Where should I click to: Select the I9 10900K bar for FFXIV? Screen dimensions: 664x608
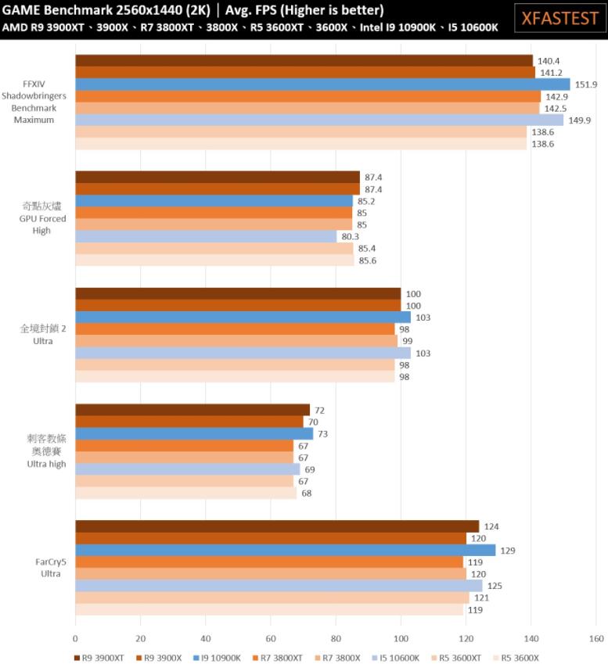[322, 84]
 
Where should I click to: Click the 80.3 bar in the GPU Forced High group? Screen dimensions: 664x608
[206, 236]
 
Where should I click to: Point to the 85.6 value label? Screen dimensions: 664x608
[369, 260]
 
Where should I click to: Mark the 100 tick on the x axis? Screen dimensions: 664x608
[401, 637]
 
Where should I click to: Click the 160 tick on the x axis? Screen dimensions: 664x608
[596, 637]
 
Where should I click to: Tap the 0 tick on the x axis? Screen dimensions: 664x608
[76, 637]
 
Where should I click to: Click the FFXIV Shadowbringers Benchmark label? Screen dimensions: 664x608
[34, 102]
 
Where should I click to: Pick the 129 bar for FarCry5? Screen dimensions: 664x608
[286, 550]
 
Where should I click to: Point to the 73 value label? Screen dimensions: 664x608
[323, 433]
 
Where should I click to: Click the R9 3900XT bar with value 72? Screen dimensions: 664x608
[192, 410]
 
